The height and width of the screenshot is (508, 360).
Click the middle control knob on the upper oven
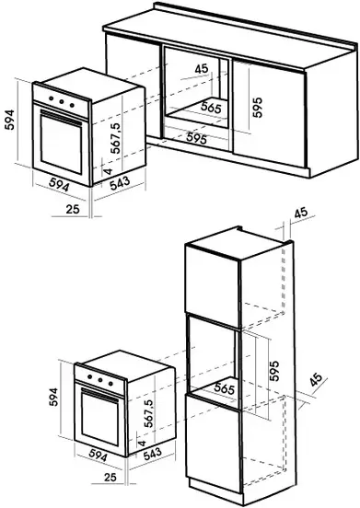(x=62, y=101)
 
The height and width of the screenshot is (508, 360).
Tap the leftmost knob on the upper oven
(x=51, y=98)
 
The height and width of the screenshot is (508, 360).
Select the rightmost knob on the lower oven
(x=110, y=384)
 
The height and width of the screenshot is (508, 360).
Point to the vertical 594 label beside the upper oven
(x=10, y=120)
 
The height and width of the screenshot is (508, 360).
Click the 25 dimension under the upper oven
(x=73, y=209)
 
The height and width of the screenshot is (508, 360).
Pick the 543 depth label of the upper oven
(x=120, y=183)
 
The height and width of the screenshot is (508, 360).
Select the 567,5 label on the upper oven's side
(x=115, y=138)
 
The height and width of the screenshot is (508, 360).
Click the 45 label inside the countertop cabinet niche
(x=202, y=69)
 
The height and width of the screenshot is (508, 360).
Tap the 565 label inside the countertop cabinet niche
(x=211, y=108)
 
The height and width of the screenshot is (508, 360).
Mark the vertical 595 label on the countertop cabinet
(x=258, y=108)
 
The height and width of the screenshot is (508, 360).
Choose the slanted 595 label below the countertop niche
(x=197, y=138)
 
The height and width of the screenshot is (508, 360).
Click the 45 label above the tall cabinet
(x=301, y=213)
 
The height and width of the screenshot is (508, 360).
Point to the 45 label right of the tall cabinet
(x=315, y=380)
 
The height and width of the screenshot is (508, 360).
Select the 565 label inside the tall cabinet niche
(x=225, y=388)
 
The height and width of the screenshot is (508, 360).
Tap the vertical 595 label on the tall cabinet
(x=274, y=371)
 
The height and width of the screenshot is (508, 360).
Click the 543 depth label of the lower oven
(x=152, y=454)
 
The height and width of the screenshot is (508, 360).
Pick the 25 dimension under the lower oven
(x=110, y=477)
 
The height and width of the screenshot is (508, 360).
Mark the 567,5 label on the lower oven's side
(x=148, y=413)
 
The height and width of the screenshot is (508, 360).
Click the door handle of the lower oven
(x=99, y=395)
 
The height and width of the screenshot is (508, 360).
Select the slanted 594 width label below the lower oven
(x=98, y=456)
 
